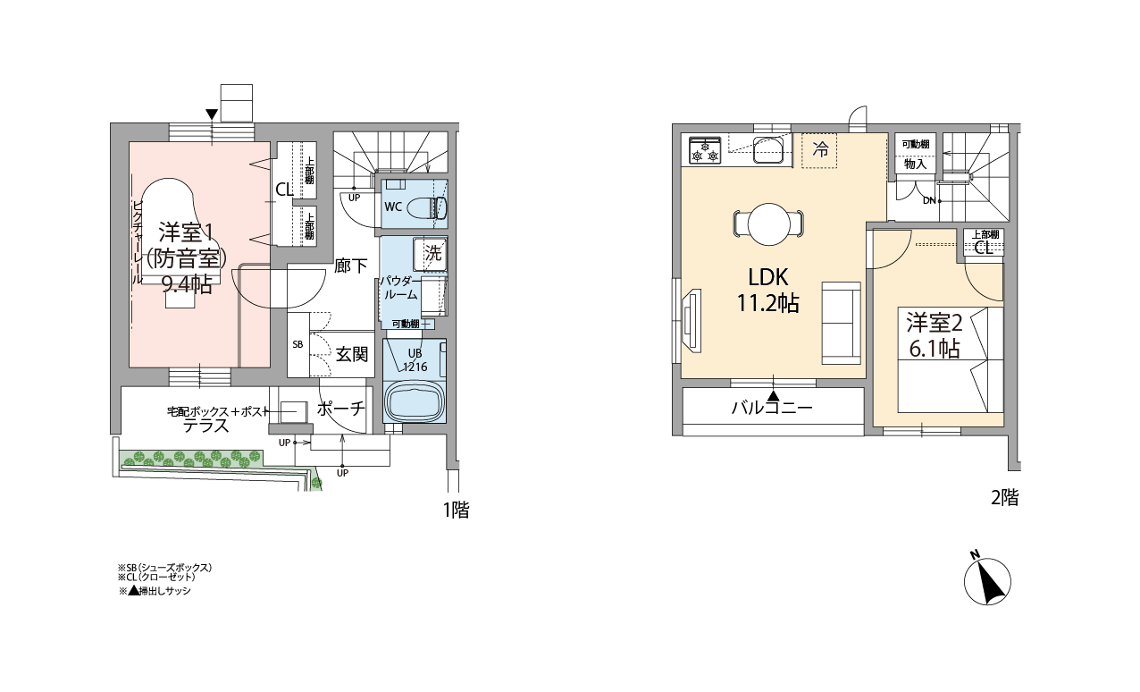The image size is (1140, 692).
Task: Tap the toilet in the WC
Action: [433, 207]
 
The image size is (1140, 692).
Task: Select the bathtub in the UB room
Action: [415, 401]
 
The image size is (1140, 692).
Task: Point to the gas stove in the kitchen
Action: [705, 150]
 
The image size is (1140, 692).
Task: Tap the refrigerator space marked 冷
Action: [819, 150]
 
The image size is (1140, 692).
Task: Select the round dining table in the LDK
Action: [769, 224]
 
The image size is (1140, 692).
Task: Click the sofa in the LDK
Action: [841, 323]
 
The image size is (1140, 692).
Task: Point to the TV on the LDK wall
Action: [692, 320]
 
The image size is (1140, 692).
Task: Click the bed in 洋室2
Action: [950, 359]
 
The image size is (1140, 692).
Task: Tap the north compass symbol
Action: [987, 579]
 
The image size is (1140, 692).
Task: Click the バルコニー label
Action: [772, 408]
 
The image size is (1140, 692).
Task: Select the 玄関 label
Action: [351, 354]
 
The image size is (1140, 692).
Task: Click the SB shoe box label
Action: [298, 344]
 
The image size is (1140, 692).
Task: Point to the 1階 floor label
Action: [456, 510]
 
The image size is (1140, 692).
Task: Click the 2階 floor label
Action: [1004, 497]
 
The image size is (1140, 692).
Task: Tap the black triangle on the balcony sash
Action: [774, 395]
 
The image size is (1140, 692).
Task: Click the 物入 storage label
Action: [915, 164]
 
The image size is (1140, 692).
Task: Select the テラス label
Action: [206, 426]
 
